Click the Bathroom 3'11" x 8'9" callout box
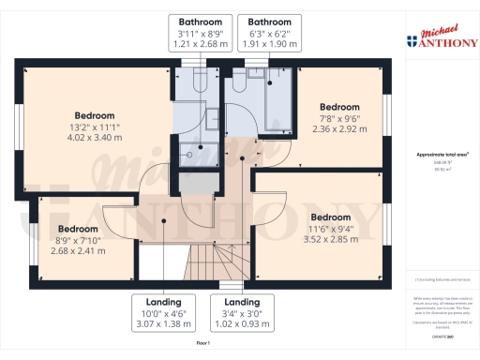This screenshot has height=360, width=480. coord(201,32)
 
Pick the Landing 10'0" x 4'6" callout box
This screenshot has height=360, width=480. coord(164,312)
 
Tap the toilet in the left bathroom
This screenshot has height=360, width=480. coord(197,83)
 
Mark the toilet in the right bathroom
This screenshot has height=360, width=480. coord(240,83)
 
